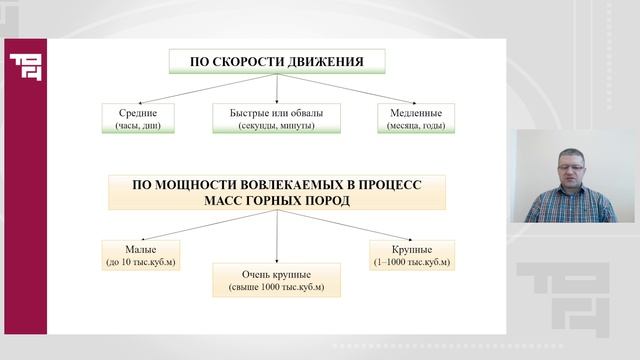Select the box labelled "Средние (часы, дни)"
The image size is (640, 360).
(x=138, y=119)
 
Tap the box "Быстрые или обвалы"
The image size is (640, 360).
(x=276, y=119)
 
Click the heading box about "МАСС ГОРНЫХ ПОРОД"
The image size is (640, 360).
(x=276, y=192)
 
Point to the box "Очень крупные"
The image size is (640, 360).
(x=276, y=279)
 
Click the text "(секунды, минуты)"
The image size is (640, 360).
(x=276, y=125)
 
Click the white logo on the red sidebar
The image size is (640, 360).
(x=22, y=67)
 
